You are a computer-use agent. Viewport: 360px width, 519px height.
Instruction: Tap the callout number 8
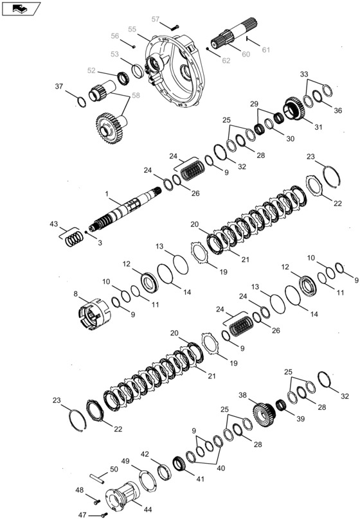pos(76,295)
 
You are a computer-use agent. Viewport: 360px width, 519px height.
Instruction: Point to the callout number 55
pos(132,30)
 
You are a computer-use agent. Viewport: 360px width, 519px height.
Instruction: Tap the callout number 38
pos(242,396)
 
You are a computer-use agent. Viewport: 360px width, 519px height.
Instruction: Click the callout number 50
pos(114,470)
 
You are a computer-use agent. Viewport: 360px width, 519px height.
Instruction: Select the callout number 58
pos(136,94)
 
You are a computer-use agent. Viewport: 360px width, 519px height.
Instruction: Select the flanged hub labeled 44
pos(129,495)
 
